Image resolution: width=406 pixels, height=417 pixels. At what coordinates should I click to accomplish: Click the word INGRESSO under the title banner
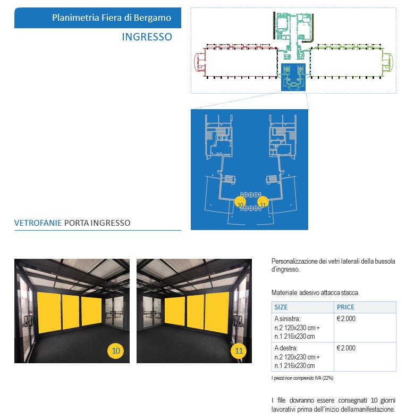pyautogui.click(x=147, y=37)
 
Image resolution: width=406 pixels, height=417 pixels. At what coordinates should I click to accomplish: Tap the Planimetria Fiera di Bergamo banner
pyautogui.click(x=111, y=18)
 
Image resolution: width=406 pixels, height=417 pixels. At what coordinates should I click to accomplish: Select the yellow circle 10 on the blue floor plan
pyautogui.click(x=240, y=203)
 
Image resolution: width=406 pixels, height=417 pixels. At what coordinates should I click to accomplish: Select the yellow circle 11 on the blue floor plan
pyautogui.click(x=263, y=203)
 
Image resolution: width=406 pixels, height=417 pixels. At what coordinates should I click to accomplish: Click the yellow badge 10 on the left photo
pyautogui.click(x=116, y=350)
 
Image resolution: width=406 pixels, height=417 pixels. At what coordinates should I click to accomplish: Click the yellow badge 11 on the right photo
pyautogui.click(x=239, y=350)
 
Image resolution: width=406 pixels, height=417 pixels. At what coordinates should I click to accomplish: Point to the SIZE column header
pyautogui.click(x=281, y=307)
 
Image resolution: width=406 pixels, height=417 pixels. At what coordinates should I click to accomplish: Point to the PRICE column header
pyautogui.click(x=345, y=307)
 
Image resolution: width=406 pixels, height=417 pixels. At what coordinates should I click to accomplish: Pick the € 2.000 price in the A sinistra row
pyautogui.click(x=346, y=318)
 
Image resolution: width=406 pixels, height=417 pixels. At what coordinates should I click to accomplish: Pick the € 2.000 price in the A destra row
pyautogui.click(x=346, y=348)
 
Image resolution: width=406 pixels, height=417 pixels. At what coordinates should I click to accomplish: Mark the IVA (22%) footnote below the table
pyautogui.click(x=302, y=378)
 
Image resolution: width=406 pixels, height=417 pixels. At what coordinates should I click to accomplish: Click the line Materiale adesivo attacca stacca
pyautogui.click(x=315, y=292)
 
